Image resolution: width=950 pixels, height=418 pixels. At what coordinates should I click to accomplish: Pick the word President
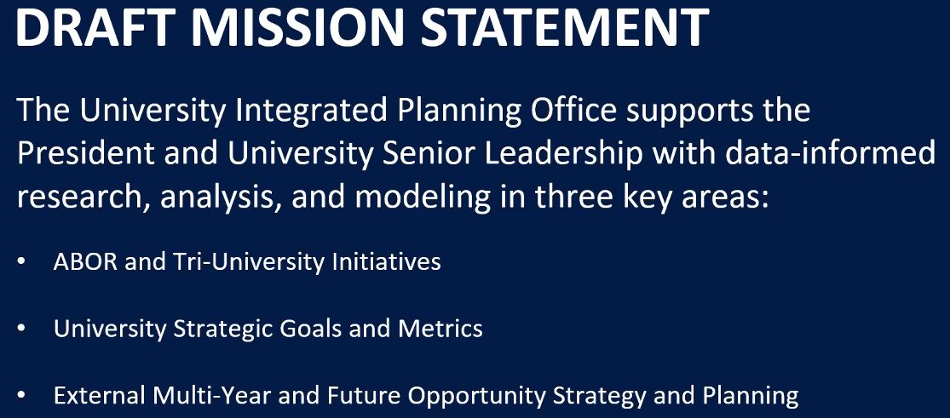click(x=83, y=154)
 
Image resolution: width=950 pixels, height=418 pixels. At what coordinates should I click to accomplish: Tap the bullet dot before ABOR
click(x=22, y=262)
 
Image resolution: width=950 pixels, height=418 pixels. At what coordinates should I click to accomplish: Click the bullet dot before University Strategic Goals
click(x=22, y=329)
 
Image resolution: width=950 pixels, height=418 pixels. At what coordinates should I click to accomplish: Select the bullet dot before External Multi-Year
click(x=22, y=396)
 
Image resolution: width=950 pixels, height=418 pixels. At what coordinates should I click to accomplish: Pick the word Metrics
click(x=440, y=329)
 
